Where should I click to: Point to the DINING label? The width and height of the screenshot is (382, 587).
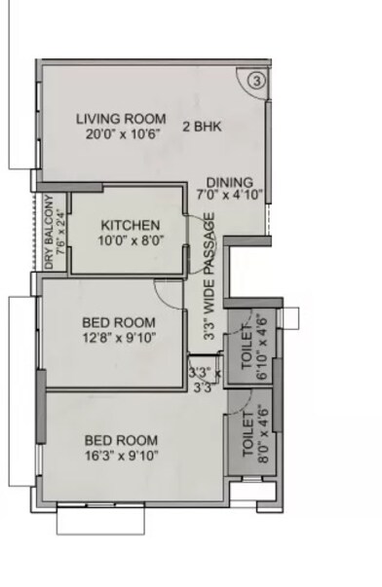click(x=230, y=182)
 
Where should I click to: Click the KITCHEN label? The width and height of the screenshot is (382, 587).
click(x=129, y=225)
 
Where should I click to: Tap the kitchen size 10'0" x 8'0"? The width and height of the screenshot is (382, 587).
click(x=129, y=239)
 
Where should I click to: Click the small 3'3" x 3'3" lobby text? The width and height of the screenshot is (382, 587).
click(x=203, y=379)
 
